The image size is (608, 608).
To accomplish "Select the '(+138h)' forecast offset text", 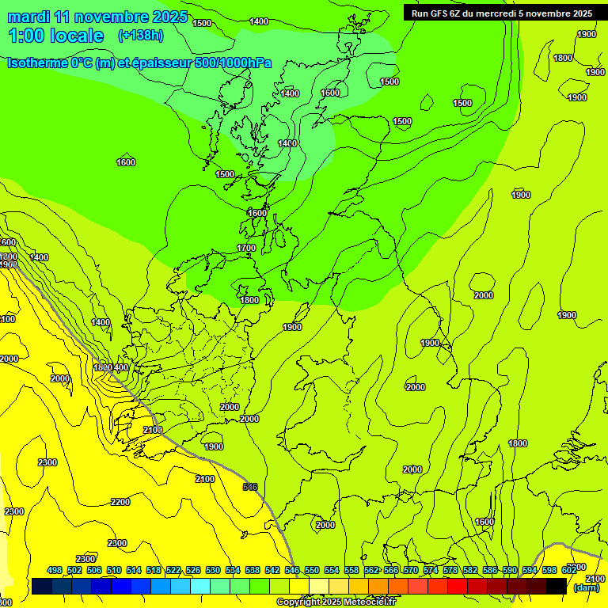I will (x=140, y=35).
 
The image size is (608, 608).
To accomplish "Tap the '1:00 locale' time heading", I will (x=55, y=36).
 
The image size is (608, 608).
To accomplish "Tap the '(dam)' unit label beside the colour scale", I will (x=586, y=588).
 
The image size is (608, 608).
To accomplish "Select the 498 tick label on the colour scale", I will (x=55, y=570).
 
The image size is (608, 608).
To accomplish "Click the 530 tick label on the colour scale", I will (x=213, y=570).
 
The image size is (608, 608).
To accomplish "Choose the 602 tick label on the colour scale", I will (x=569, y=570).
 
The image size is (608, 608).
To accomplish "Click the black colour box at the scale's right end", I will (x=557, y=586).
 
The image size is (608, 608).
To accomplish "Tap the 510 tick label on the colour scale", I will (x=114, y=570).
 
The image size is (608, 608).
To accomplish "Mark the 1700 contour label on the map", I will (x=246, y=248).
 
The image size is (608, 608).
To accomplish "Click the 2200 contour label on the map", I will (x=120, y=502).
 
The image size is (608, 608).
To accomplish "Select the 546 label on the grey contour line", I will (x=250, y=487).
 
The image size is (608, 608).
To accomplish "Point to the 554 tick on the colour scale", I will (x=332, y=570).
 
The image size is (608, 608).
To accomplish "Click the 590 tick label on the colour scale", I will (x=510, y=570).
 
